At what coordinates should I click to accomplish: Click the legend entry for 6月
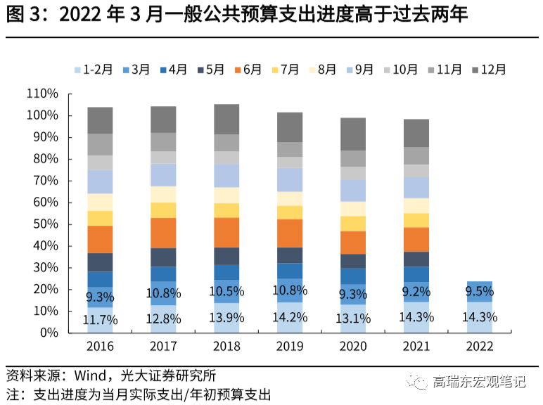(x=248, y=70)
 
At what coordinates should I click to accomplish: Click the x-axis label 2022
(x=480, y=347)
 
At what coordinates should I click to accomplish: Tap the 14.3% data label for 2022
(x=480, y=317)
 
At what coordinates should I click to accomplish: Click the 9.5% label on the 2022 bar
(x=480, y=292)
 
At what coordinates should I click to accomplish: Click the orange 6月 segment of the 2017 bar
(x=163, y=233)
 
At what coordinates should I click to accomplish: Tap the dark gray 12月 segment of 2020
(x=353, y=134)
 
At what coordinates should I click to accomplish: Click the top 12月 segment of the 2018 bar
(x=226, y=119)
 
